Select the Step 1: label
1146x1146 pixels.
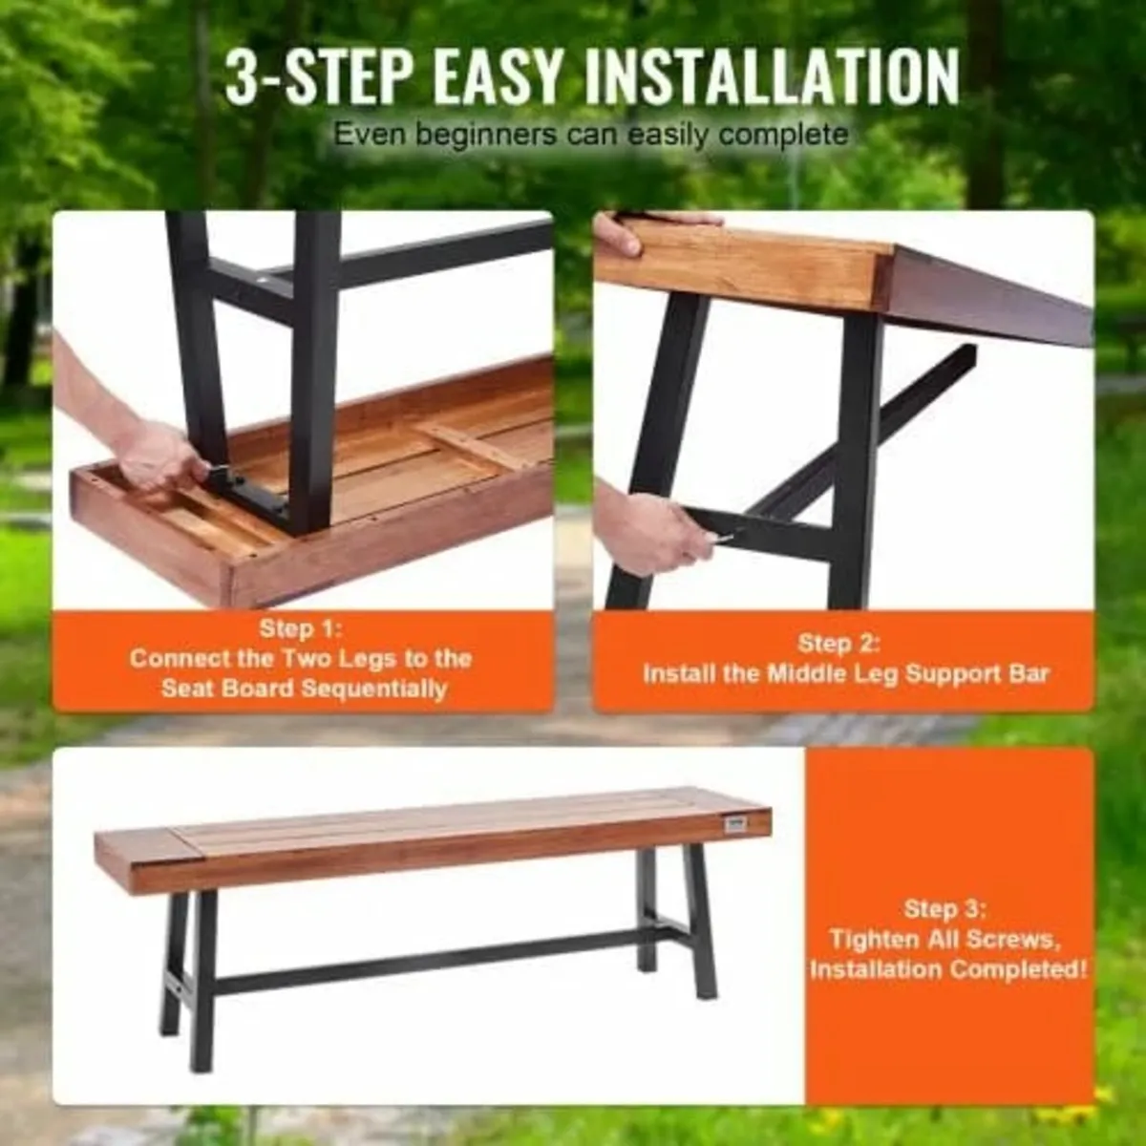[301, 628]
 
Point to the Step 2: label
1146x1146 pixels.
[838, 643]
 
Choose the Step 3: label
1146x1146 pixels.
[945, 908]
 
